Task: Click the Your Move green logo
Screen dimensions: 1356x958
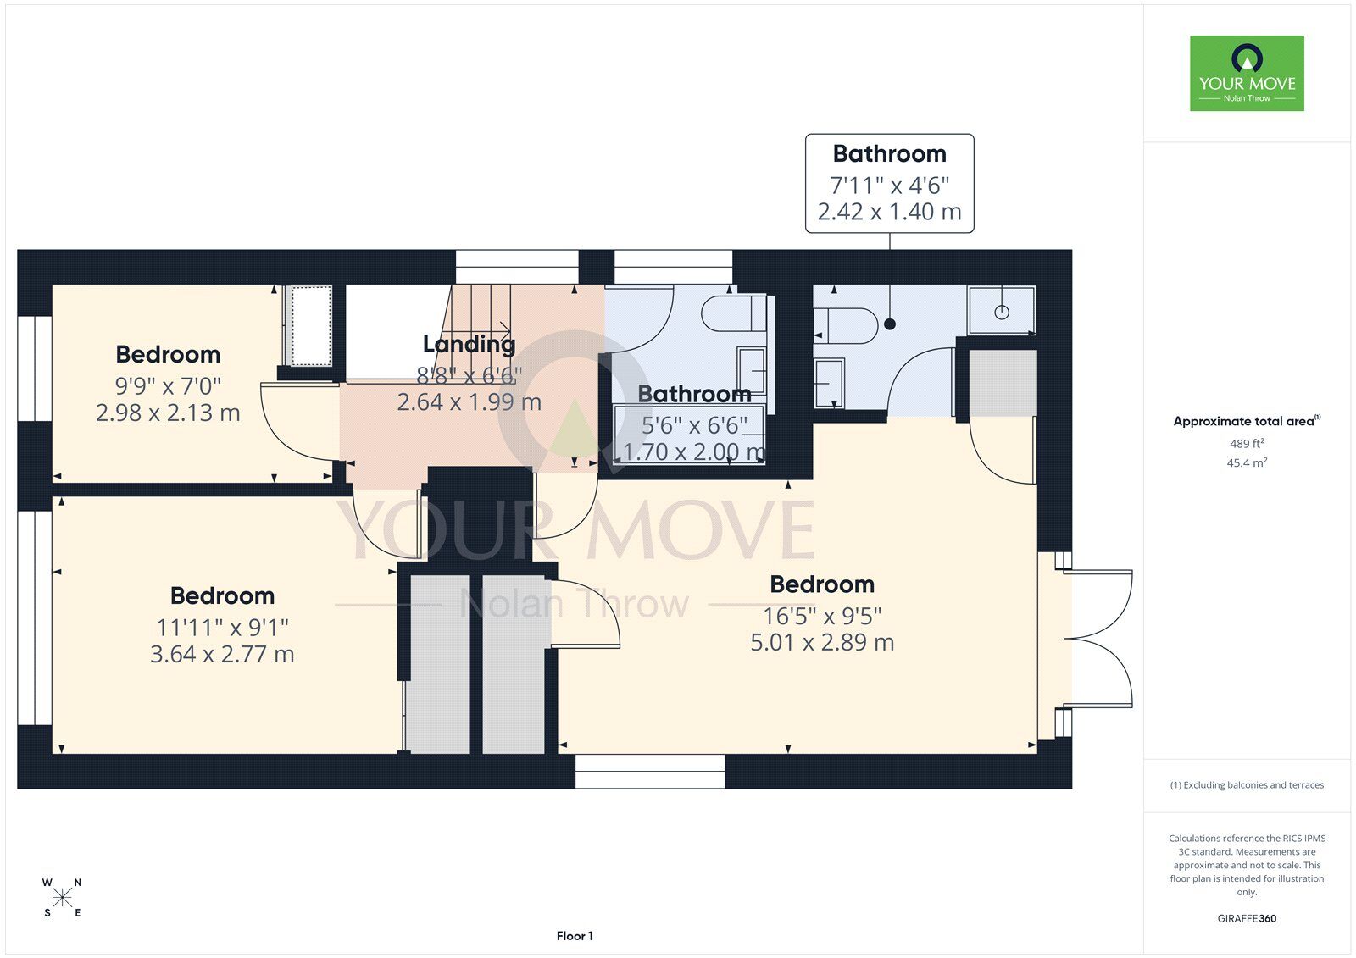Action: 1247,73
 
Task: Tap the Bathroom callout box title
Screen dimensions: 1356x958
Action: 889,153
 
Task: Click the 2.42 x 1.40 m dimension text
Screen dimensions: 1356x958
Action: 889,212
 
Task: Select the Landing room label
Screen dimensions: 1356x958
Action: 470,345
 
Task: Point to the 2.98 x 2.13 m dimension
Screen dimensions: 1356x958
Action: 168,413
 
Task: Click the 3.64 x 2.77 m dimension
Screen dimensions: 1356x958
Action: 222,654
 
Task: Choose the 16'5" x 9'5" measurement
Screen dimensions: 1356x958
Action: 822,616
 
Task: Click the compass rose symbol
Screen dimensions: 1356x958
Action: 63,898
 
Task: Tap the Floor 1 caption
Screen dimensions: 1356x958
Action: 575,936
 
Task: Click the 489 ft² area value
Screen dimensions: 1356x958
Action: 1247,444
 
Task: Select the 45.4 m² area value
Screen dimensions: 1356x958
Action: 1247,463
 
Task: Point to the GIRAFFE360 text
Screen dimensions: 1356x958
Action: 1247,918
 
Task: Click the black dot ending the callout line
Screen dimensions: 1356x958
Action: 889,324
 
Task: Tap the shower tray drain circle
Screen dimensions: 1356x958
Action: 1002,313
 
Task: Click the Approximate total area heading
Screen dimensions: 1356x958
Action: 1247,421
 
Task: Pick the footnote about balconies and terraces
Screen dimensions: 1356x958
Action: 1247,785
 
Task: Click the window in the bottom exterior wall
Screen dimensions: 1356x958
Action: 649,771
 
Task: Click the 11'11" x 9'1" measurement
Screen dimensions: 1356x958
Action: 222,628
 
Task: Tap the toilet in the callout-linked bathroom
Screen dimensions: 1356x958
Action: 845,326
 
